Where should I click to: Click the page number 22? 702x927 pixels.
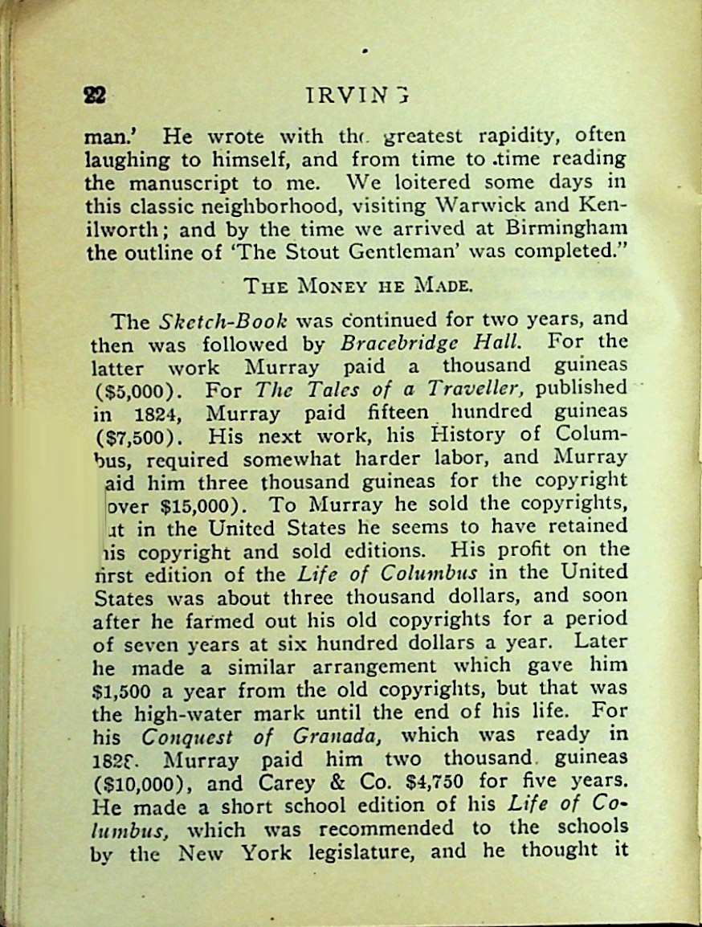[x=95, y=95]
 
